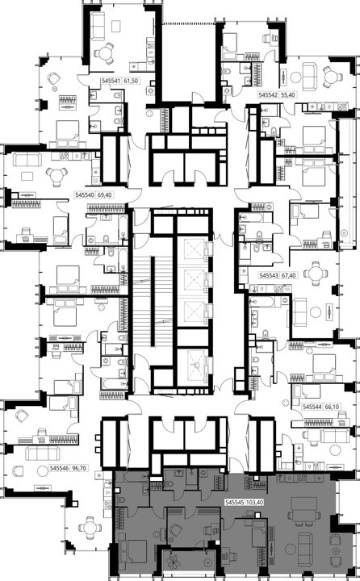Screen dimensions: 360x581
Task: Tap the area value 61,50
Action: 131,81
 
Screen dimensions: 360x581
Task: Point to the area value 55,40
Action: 287,95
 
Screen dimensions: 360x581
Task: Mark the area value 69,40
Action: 105,194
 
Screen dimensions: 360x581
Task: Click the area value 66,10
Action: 332,407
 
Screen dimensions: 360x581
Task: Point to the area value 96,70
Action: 79,468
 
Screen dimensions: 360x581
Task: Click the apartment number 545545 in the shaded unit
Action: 235,503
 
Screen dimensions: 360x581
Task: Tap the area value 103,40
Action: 255,503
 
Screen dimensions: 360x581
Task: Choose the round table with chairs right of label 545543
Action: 316,274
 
